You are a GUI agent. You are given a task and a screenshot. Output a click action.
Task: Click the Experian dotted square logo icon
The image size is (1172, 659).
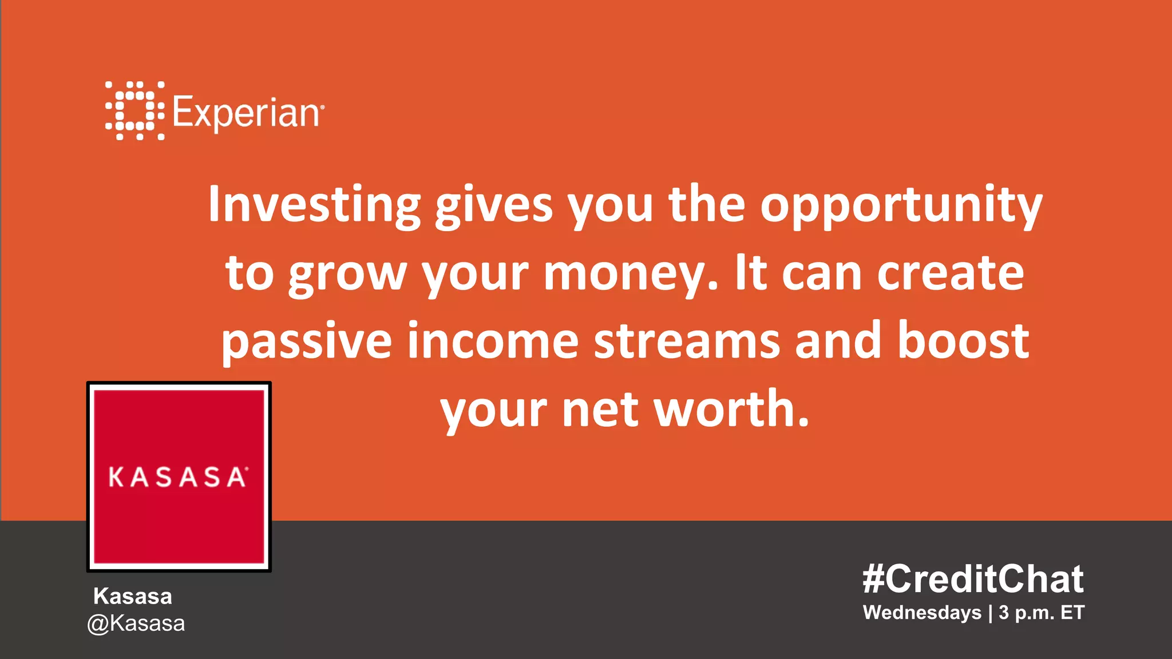click(134, 110)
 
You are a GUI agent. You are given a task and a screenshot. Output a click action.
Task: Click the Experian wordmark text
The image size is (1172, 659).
click(247, 113)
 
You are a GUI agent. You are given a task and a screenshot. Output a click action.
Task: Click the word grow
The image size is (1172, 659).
click(347, 275)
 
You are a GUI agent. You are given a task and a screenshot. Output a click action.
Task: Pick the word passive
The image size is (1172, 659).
click(307, 342)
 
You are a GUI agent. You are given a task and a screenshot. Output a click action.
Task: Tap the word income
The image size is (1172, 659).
click(493, 341)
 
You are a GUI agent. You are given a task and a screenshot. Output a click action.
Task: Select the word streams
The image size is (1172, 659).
click(687, 341)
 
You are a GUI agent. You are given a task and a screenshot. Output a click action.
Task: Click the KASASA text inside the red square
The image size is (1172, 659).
click(178, 477)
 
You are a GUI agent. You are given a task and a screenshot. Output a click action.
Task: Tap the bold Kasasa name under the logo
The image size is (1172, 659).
click(133, 596)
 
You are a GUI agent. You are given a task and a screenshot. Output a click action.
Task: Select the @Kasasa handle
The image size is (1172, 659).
click(136, 624)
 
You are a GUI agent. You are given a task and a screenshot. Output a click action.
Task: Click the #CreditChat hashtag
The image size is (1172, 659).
click(973, 579)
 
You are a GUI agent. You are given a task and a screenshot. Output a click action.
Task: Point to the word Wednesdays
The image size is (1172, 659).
click(921, 613)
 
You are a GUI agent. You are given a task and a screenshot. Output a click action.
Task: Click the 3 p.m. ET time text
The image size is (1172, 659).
click(1042, 613)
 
